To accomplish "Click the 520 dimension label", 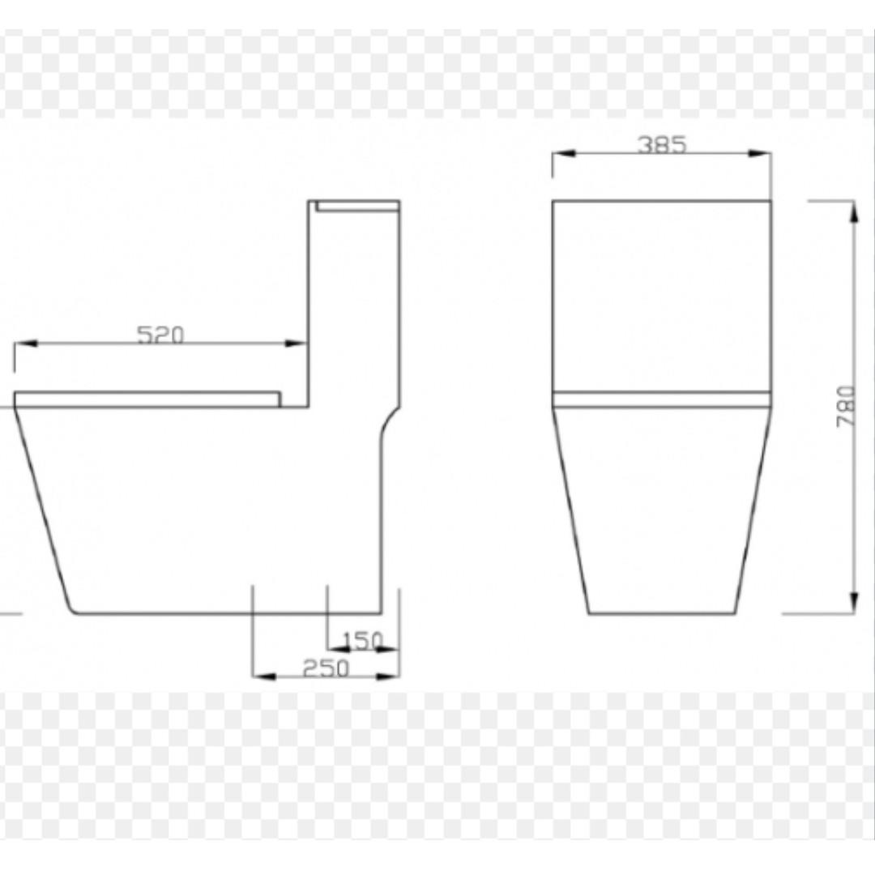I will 160,334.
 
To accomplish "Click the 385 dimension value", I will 662,144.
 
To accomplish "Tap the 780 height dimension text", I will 844,408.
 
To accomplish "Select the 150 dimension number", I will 361,641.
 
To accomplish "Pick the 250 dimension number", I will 326,668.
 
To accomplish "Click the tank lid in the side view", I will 357,206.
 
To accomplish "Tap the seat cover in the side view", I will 147,399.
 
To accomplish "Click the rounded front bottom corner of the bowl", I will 73,608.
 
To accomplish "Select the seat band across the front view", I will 662,399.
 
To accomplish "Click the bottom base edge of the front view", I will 662,613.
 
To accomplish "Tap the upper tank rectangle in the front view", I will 662,296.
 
